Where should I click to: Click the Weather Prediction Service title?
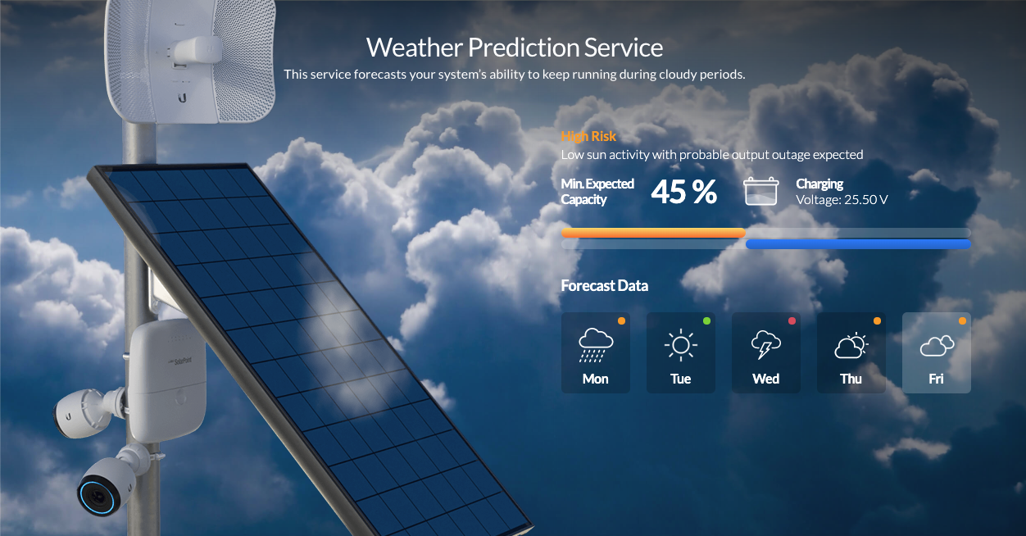515,48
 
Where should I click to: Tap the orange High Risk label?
588,136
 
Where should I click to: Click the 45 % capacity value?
683,192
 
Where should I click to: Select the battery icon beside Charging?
760,191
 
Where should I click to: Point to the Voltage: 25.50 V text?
842,200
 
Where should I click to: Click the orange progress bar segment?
654,233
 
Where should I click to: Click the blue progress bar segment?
858,244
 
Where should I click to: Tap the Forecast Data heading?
605,286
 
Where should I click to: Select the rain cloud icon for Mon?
596,345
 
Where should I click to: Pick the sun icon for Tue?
681,345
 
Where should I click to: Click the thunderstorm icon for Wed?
766,344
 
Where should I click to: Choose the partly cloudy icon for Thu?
851,345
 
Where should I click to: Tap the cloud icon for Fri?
937,345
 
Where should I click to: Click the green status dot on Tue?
706,320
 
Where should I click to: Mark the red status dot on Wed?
792,320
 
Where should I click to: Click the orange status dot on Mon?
621,320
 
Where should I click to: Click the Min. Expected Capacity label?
597,192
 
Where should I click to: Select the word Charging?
819,184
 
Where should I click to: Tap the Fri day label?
936,379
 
